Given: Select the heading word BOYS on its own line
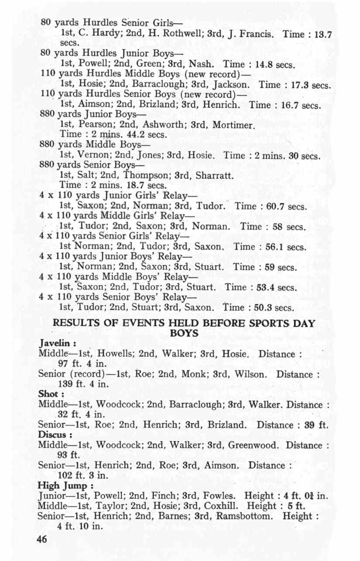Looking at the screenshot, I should click(184, 333).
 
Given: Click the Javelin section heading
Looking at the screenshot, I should click(54, 344).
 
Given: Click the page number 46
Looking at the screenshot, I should click(42, 539).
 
